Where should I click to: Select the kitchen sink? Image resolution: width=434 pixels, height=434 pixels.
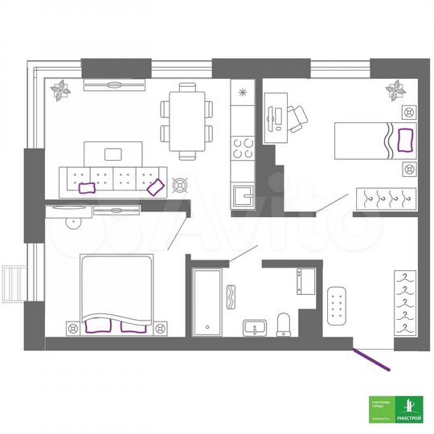pos(242,194)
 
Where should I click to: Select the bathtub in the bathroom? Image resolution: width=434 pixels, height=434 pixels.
pos(207,301)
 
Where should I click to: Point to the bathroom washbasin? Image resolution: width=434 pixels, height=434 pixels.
pos(256,328)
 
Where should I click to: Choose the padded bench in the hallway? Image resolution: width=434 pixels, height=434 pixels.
pos(338,305)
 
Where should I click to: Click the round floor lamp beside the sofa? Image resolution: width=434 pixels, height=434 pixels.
pos(180,186)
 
